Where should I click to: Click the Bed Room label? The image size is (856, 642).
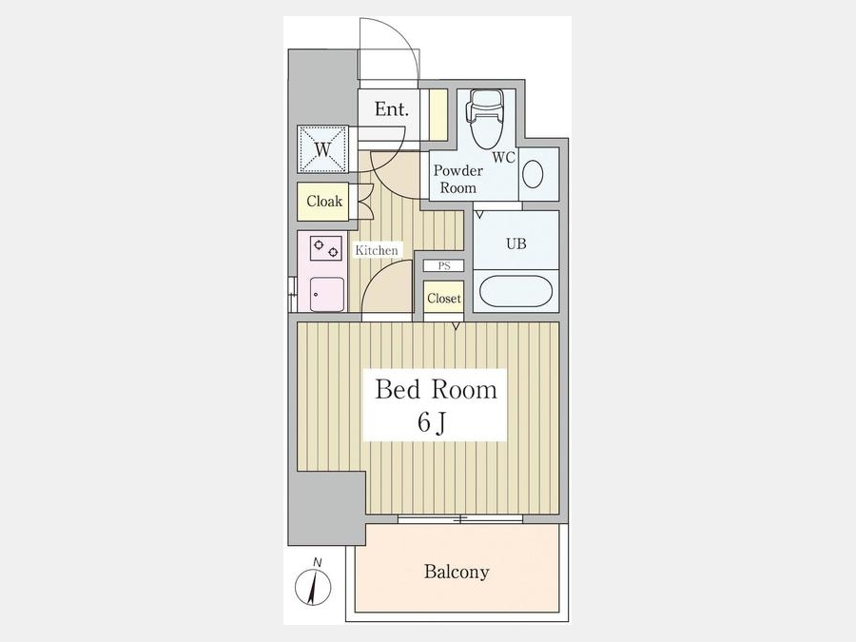click(x=437, y=389)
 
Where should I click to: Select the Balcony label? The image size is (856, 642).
click(x=457, y=572)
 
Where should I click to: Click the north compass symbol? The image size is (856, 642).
click(x=313, y=583)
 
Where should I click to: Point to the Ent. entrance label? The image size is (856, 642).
click(x=392, y=109)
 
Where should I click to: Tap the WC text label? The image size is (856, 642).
click(x=503, y=157)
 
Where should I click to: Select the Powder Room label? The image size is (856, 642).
click(x=458, y=179)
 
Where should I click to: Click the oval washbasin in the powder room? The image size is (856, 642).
click(x=533, y=175)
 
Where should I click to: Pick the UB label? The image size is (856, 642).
click(x=516, y=243)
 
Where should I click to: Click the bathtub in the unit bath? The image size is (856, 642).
click(x=516, y=291)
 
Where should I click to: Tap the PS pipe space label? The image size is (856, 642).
click(x=444, y=266)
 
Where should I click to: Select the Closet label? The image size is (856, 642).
click(x=444, y=298)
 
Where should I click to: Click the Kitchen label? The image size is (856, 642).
click(x=376, y=250)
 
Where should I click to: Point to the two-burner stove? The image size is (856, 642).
click(x=326, y=248)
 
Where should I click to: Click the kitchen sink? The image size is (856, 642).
click(x=326, y=294)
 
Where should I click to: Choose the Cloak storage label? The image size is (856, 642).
click(x=324, y=202)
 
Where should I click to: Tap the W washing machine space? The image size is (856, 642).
click(x=322, y=149)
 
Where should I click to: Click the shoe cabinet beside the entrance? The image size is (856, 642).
click(x=438, y=115)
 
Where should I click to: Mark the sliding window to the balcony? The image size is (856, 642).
click(x=460, y=518)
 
